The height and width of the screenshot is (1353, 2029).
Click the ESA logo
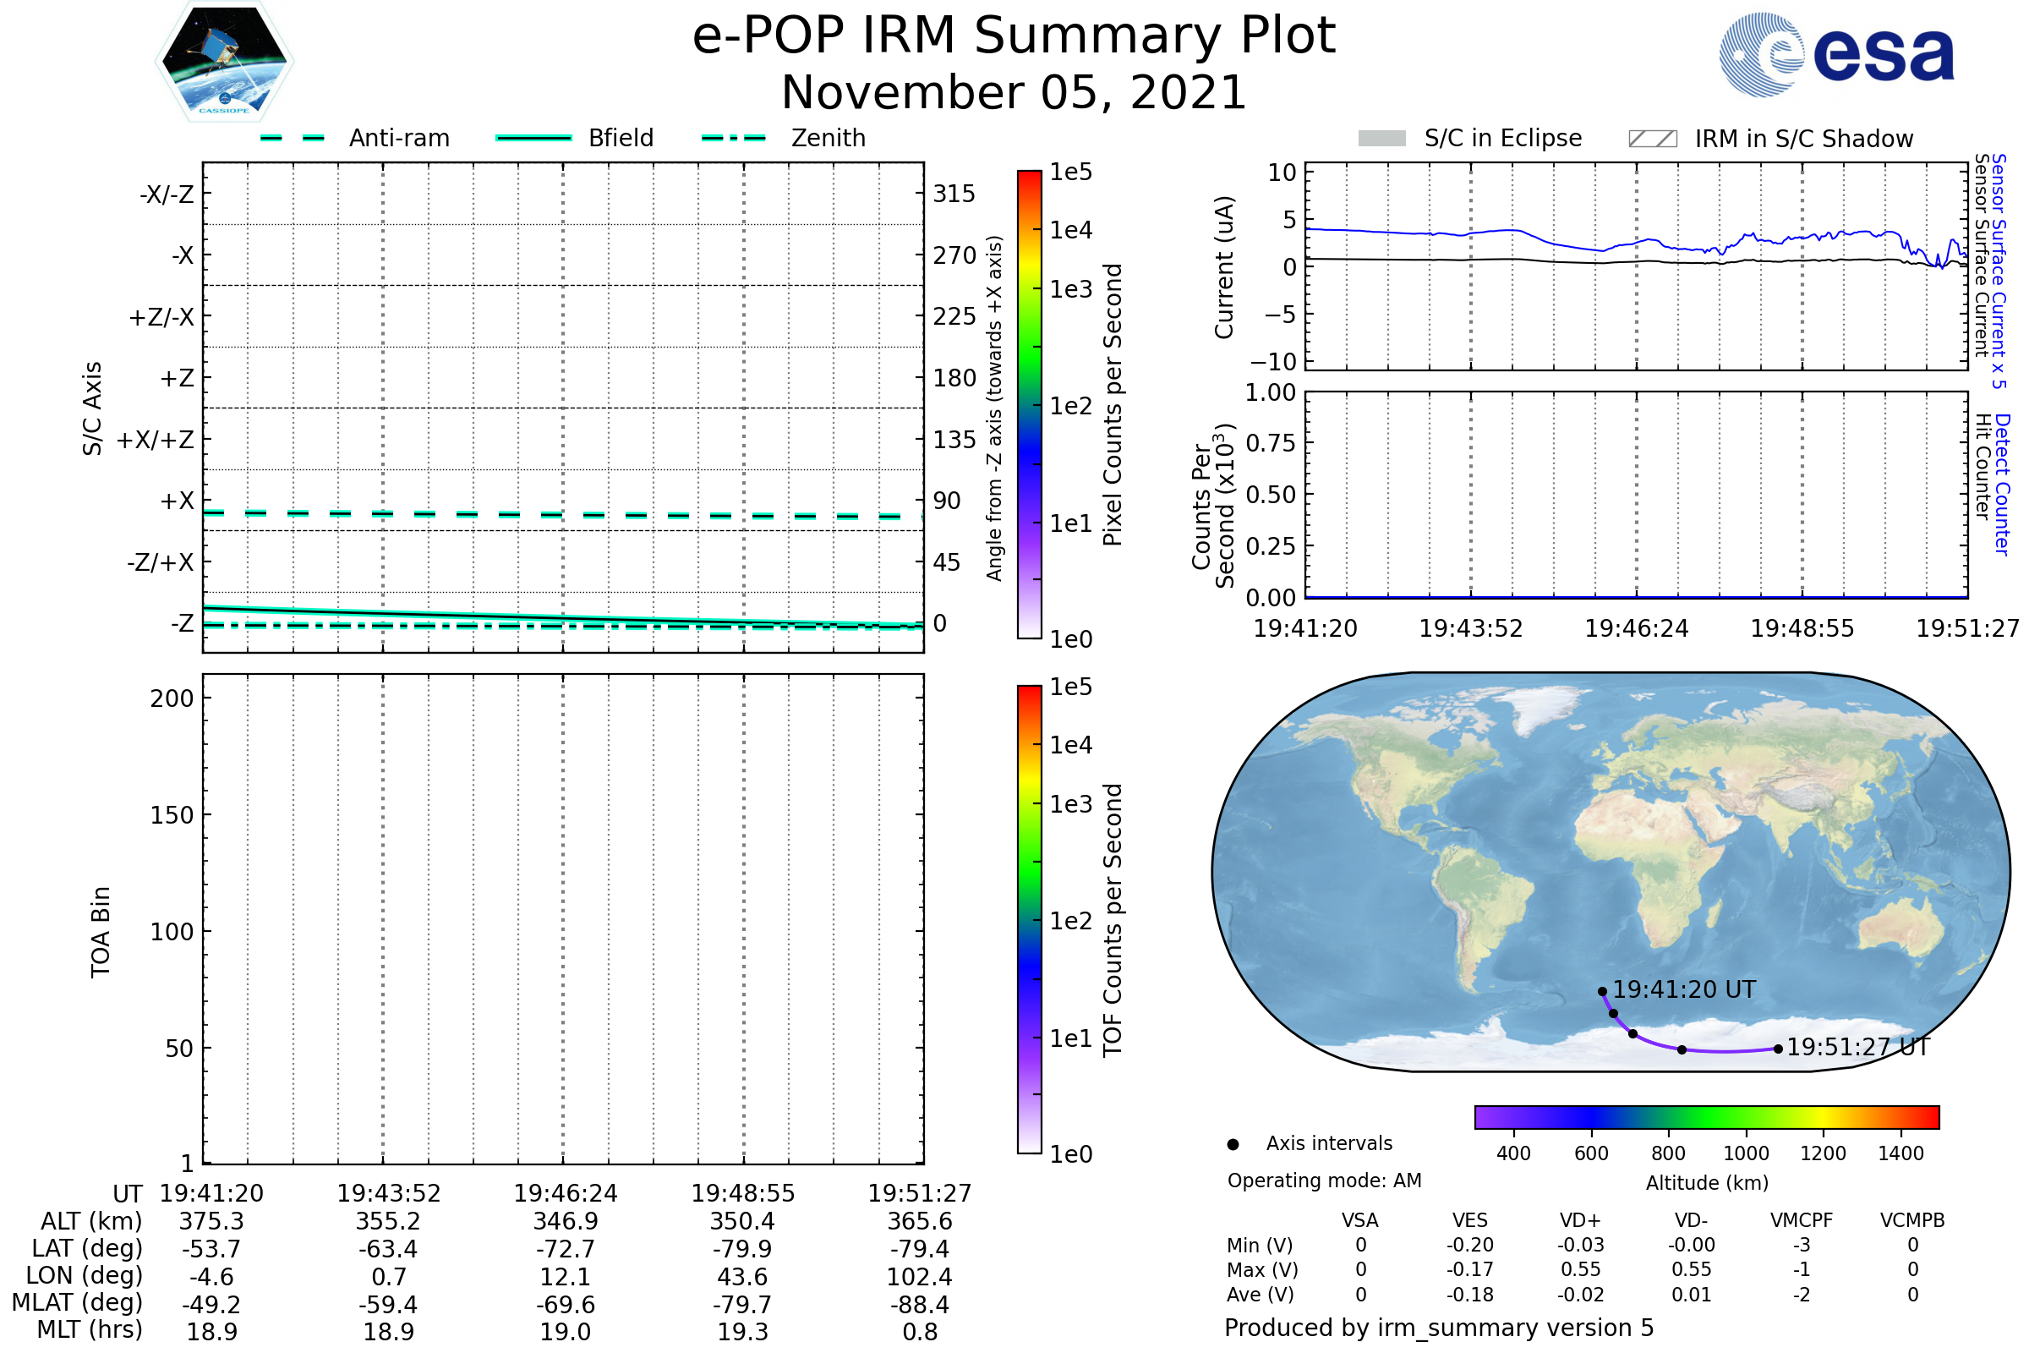pos(1836,54)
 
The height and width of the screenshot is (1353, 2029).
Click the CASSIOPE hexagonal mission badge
pos(224,61)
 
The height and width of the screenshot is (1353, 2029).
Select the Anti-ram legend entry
pos(354,138)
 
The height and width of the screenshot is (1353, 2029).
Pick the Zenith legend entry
pos(784,138)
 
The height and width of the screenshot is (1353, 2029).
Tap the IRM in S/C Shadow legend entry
pos(1770,139)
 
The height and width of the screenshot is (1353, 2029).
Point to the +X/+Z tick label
pos(156,440)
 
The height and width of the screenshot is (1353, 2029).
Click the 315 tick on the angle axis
pos(954,194)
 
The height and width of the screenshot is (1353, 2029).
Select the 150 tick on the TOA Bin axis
pos(172,815)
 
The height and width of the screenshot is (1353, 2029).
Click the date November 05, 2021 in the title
pos(1014,92)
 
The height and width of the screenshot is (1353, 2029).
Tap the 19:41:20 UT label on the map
pos(1684,989)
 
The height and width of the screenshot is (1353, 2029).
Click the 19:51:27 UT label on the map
pos(1858,1047)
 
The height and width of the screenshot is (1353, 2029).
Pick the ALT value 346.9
pos(566,1221)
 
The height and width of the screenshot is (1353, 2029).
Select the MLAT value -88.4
pos(920,1305)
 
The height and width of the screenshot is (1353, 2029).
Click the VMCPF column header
pos(1802,1220)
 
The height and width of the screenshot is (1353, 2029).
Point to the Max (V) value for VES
pos(1470,1269)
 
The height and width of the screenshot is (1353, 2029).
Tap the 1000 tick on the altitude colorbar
pos(1746,1153)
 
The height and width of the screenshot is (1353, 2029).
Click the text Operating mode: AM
pos(1324,1180)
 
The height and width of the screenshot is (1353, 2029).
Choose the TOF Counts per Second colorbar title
pos(1113,920)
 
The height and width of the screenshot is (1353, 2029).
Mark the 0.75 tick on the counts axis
pos(1271,442)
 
